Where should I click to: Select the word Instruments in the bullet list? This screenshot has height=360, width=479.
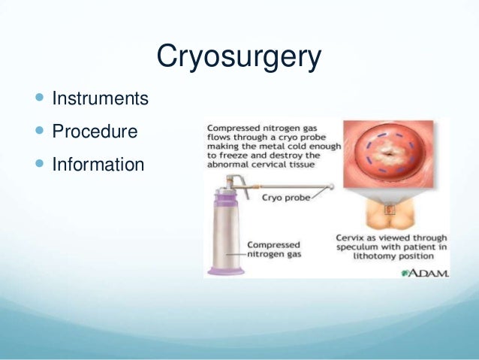100,98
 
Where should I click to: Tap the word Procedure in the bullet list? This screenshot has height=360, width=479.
95,132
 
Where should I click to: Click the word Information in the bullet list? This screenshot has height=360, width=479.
98,164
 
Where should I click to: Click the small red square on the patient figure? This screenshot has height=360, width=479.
388,211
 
